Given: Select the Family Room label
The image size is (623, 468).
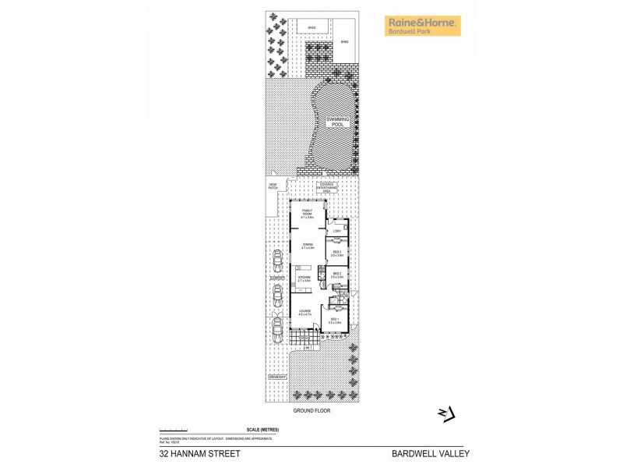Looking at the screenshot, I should (x=307, y=215).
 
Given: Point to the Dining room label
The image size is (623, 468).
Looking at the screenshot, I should (x=308, y=247).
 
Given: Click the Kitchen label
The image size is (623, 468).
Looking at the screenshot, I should (x=304, y=278).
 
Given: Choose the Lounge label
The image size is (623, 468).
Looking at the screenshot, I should (x=304, y=314).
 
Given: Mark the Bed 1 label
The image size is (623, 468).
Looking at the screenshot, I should (x=334, y=321).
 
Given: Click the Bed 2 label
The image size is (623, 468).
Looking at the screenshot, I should (x=336, y=275).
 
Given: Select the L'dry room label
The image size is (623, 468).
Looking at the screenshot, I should (x=337, y=231).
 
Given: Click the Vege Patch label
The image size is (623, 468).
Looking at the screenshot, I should (x=273, y=186).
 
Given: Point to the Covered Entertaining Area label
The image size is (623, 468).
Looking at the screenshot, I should (x=326, y=188).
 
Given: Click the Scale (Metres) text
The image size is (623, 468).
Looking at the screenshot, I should (x=262, y=430).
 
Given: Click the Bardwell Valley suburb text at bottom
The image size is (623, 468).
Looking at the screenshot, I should (x=431, y=453).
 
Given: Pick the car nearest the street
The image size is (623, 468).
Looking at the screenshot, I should (x=277, y=332).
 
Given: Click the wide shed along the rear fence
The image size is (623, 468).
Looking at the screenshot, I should (x=311, y=28).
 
